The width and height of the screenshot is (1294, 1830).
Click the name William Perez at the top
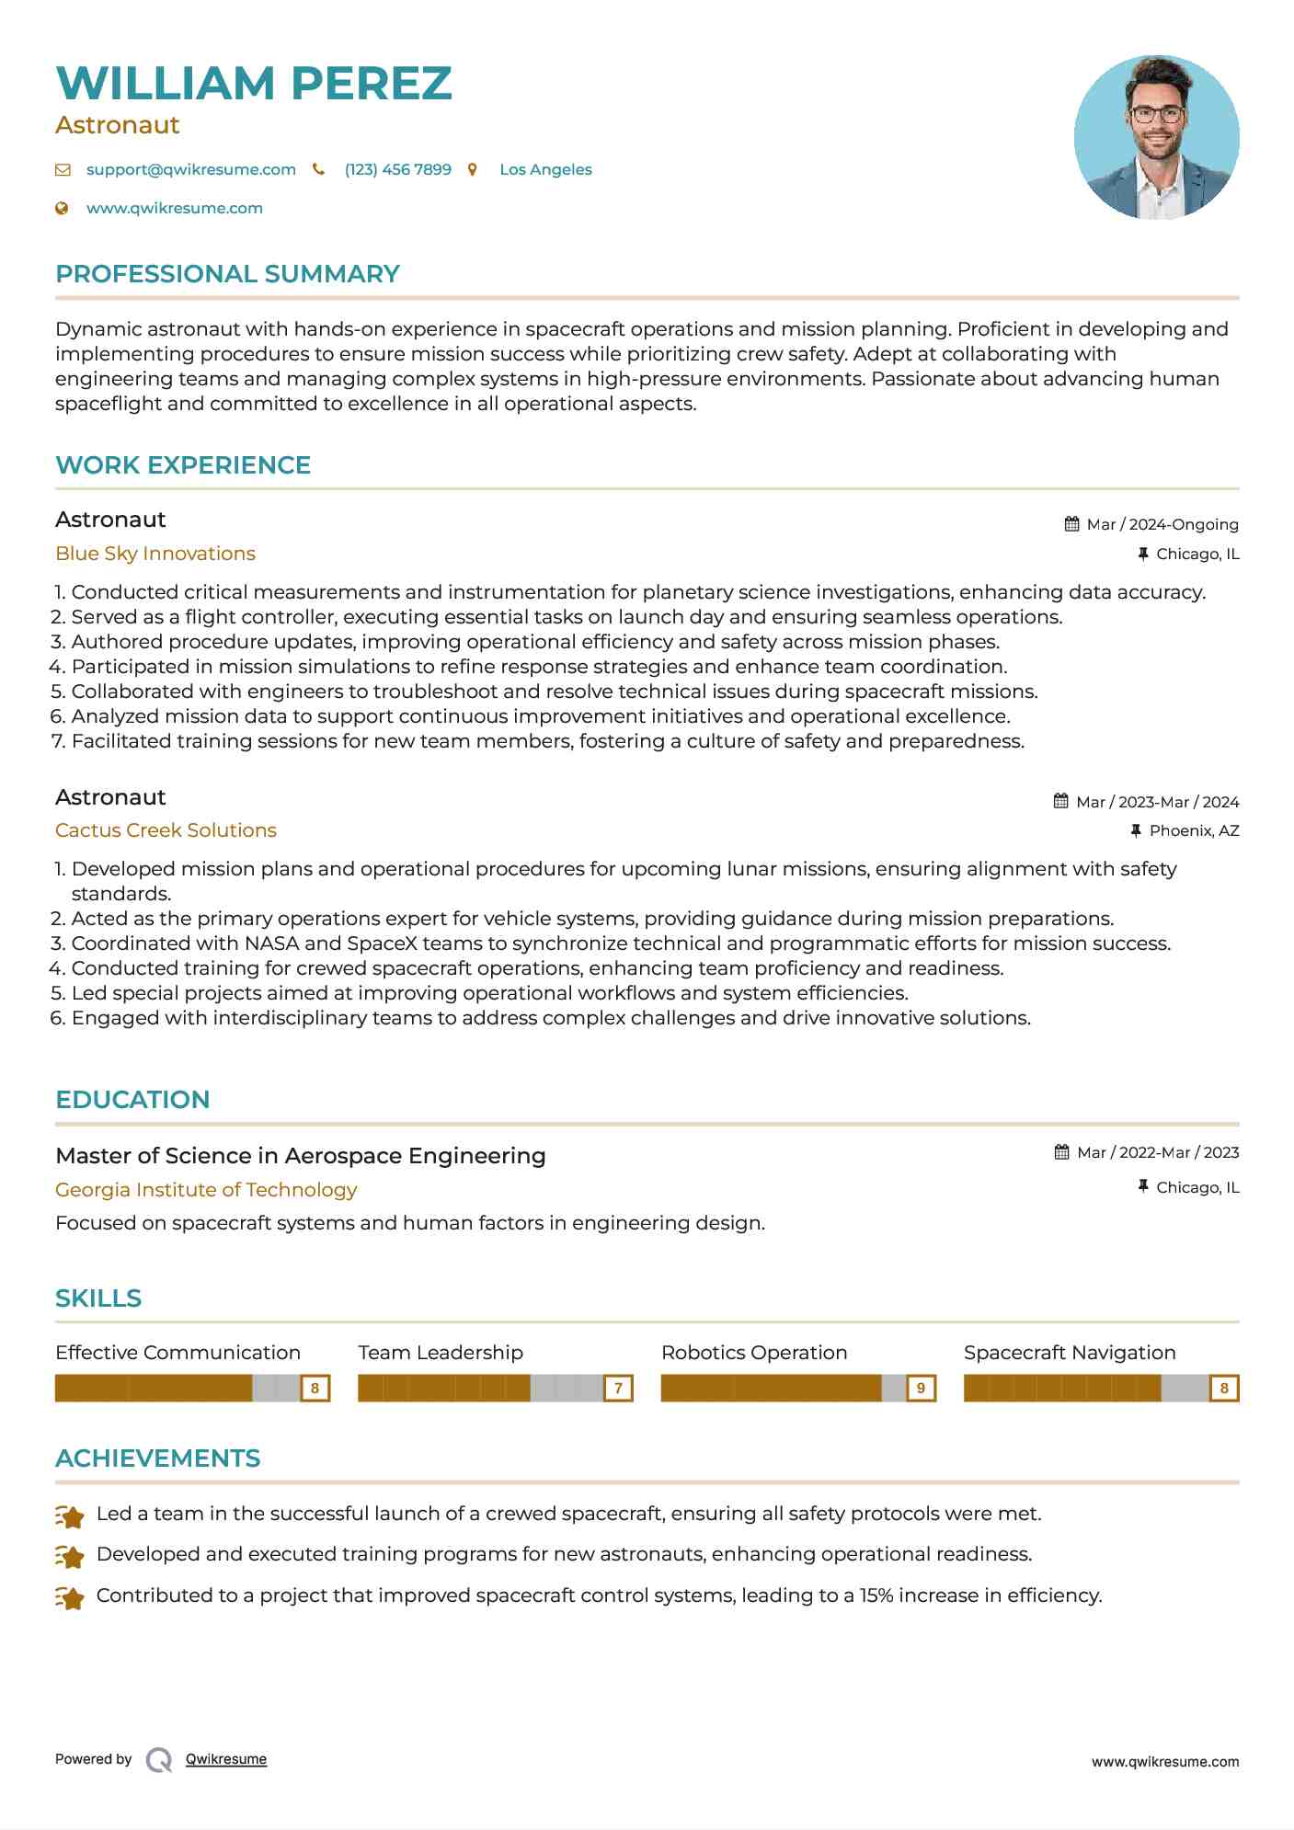click(x=254, y=83)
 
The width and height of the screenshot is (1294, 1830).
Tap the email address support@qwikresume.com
click(x=190, y=169)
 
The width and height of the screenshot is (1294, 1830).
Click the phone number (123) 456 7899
click(x=397, y=169)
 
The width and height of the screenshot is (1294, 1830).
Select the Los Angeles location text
click(x=545, y=169)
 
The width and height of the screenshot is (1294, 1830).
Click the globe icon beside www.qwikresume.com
click(x=62, y=208)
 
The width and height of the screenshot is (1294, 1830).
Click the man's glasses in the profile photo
click(x=1156, y=115)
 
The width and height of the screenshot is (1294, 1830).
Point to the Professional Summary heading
click(x=227, y=274)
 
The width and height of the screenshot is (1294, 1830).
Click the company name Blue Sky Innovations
click(x=155, y=554)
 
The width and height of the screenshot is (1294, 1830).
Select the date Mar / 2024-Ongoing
click(x=1162, y=524)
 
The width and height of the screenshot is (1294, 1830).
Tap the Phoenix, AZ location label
click(x=1194, y=830)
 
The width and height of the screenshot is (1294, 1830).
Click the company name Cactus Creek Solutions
click(x=166, y=830)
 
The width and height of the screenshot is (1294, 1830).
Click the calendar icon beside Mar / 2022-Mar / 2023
click(x=1061, y=1152)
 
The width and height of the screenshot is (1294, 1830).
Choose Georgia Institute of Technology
click(x=206, y=1190)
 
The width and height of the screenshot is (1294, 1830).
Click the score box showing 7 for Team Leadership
click(x=618, y=1388)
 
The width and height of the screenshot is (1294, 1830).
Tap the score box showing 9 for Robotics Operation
click(x=921, y=1388)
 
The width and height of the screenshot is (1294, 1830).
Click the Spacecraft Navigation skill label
click(x=1070, y=1353)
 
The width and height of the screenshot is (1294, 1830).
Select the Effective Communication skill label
click(x=177, y=1353)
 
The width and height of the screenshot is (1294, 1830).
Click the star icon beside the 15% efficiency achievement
click(x=70, y=1597)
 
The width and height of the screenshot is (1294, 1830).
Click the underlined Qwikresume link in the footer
click(x=226, y=1759)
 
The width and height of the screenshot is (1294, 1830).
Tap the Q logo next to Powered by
click(x=159, y=1760)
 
